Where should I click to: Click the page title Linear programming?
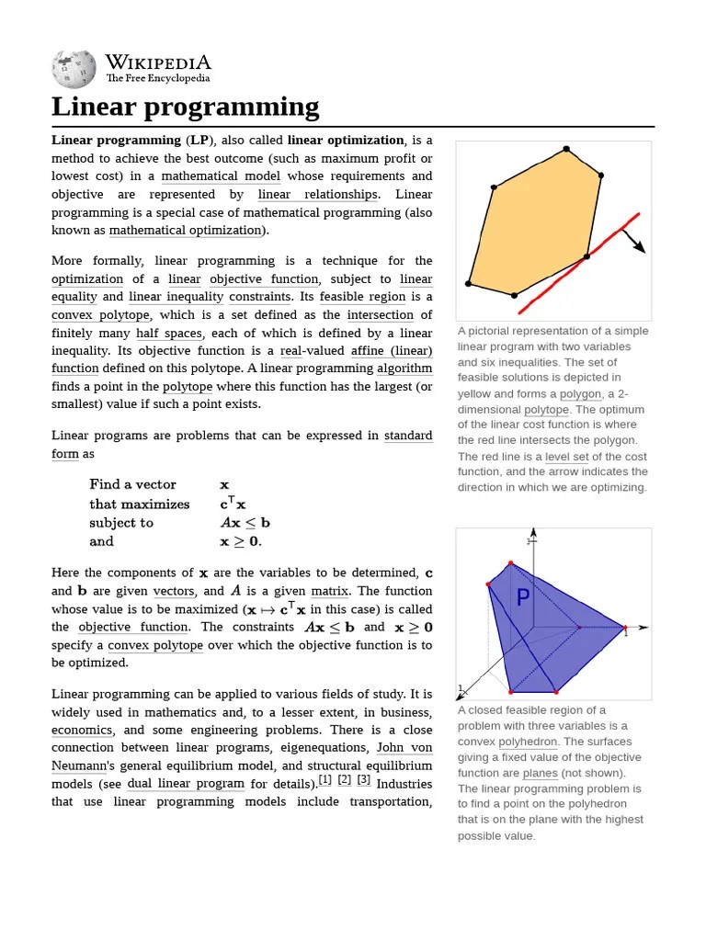(x=185, y=107)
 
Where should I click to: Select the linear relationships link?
(x=318, y=195)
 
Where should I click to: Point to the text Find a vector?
(x=132, y=484)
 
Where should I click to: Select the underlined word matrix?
(x=329, y=592)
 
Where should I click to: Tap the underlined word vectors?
(x=174, y=592)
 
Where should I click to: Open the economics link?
(x=82, y=731)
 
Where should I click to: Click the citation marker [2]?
(x=345, y=780)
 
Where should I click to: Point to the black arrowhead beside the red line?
(x=640, y=248)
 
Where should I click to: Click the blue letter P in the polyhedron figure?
(x=523, y=599)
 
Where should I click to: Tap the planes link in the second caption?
(x=540, y=773)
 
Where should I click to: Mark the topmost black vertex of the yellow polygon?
(x=566, y=148)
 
